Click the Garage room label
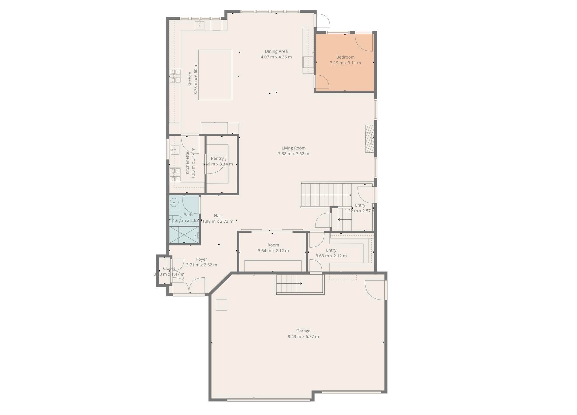coord(303,331)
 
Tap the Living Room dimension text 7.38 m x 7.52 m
coord(293,154)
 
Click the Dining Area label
coord(276,51)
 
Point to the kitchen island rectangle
coord(215,75)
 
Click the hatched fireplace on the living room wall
coord(369,139)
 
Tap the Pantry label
coord(217,158)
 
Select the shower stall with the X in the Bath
coord(184,235)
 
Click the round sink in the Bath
coord(174,202)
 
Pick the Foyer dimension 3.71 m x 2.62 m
coord(201,265)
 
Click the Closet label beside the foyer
coord(169,269)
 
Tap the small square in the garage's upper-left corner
coord(221,305)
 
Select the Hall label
coord(217,216)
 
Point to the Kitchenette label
coord(187,163)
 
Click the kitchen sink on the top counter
coord(200,25)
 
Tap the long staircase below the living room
coord(326,194)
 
